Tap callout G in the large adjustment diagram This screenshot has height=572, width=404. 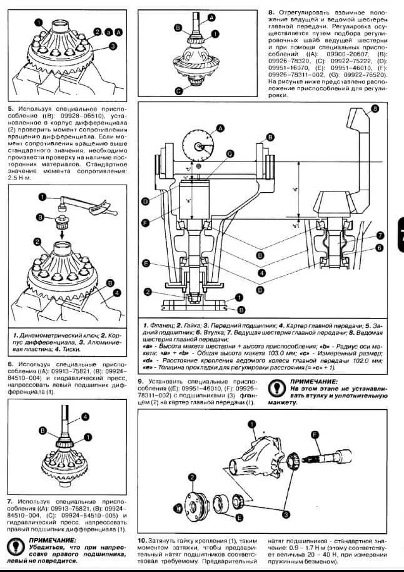pyautogui.click(x=230, y=153)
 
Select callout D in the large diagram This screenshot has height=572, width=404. pyautogui.click(x=145, y=201)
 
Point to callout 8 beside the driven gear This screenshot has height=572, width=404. pyautogui.click(x=375, y=109)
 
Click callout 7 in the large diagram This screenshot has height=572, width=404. pyautogui.click(x=380, y=235)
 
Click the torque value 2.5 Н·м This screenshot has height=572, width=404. pyautogui.click(x=21, y=178)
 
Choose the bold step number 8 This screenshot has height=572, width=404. pyautogui.click(x=271, y=11)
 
